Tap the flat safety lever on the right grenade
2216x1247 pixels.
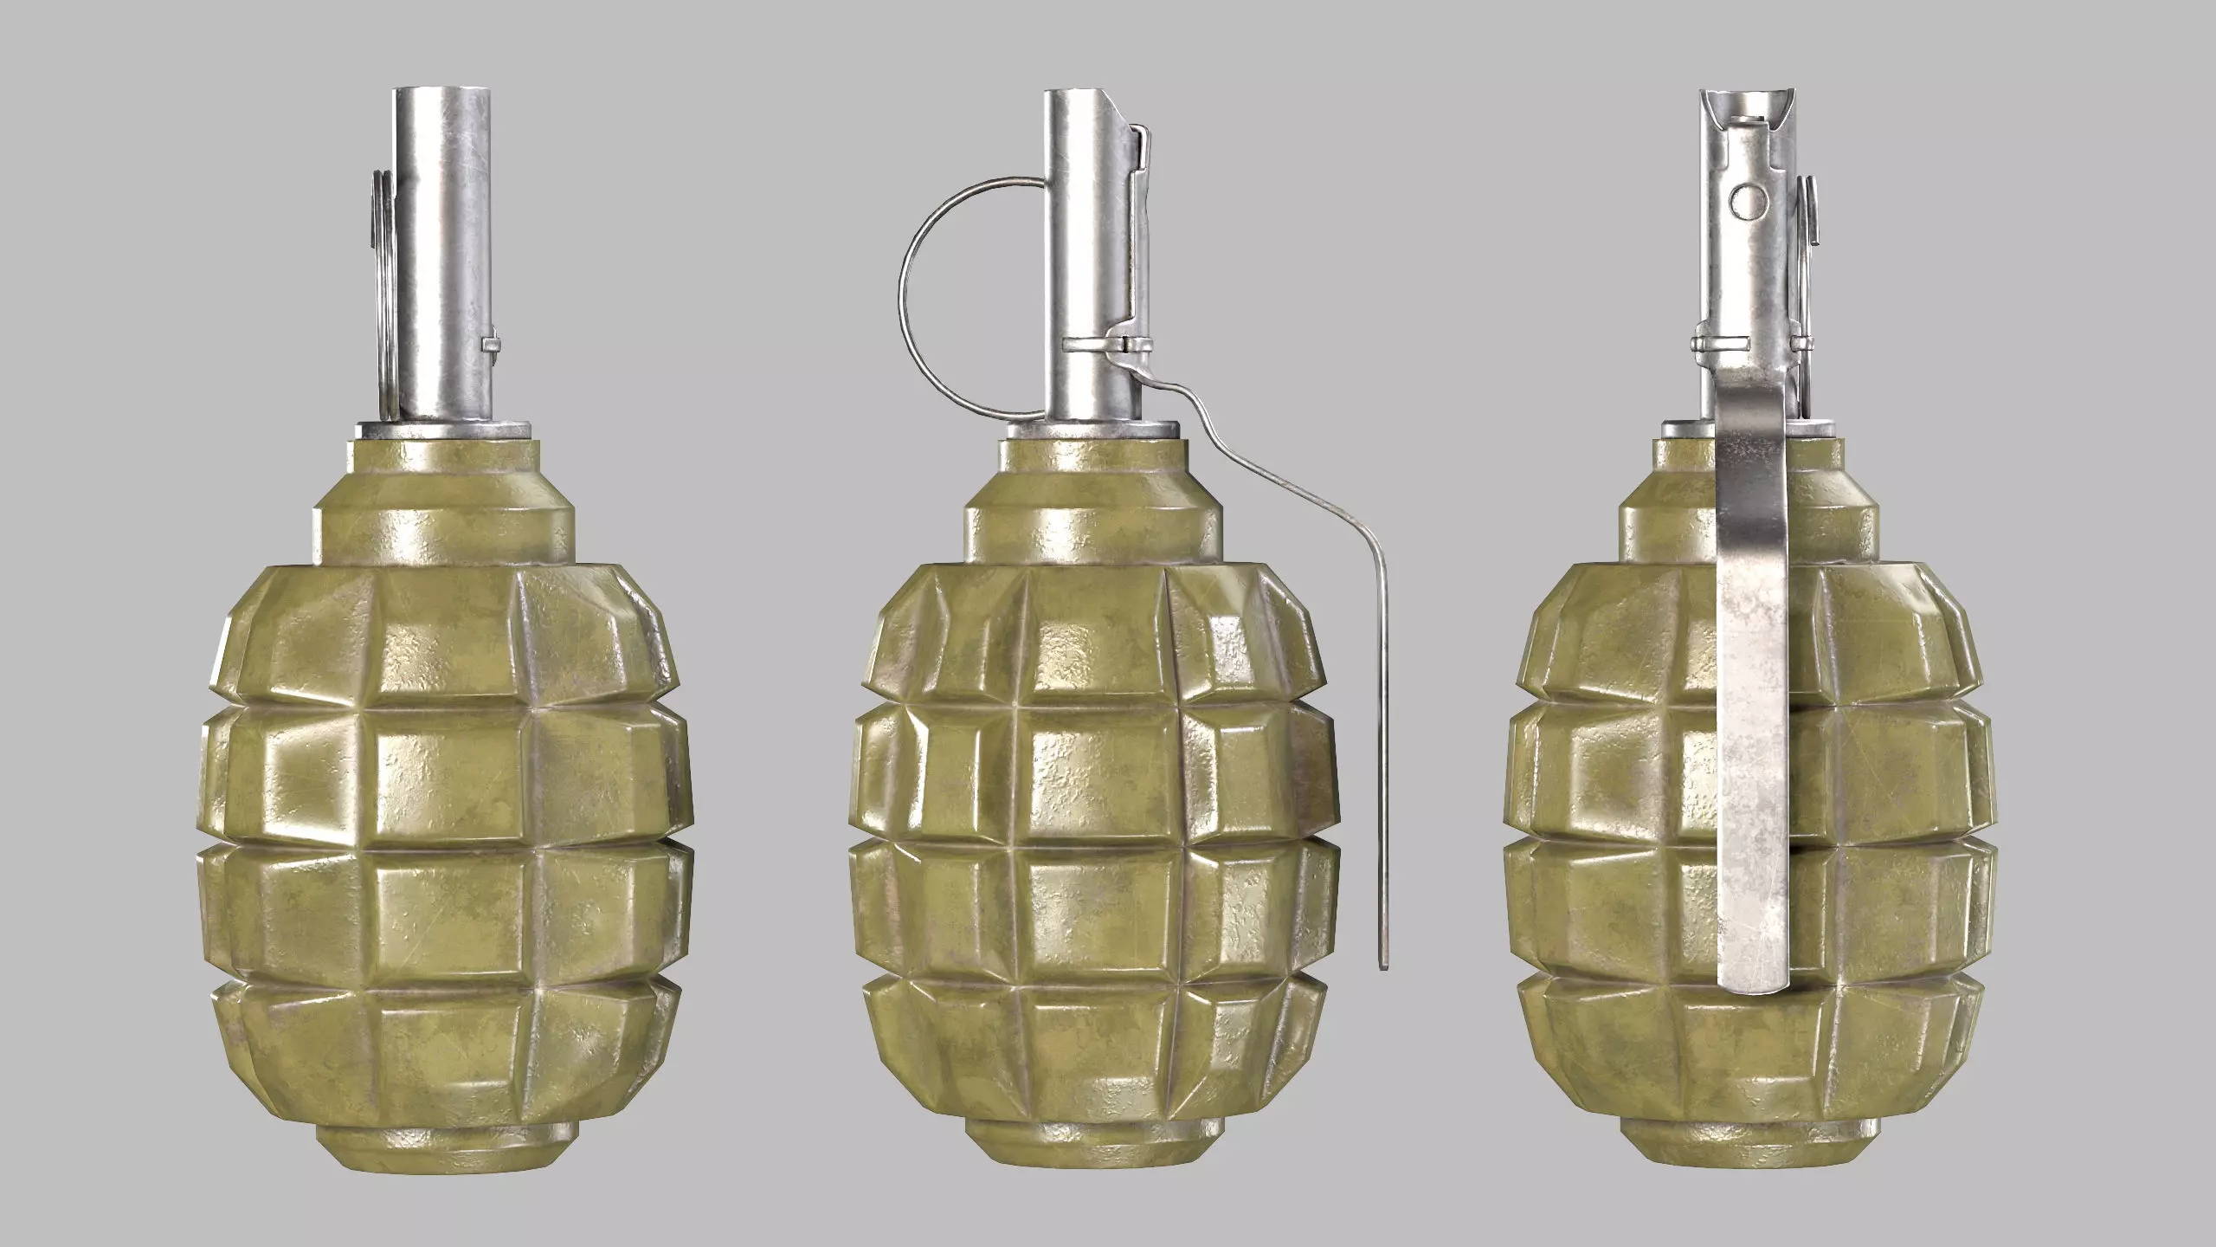point(1749,693)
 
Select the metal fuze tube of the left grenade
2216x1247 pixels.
point(443,260)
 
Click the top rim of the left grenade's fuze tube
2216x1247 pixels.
point(443,91)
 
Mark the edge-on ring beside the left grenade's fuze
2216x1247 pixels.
point(379,286)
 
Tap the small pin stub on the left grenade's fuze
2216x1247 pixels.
point(492,346)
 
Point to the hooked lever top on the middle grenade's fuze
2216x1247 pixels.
point(1141,139)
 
